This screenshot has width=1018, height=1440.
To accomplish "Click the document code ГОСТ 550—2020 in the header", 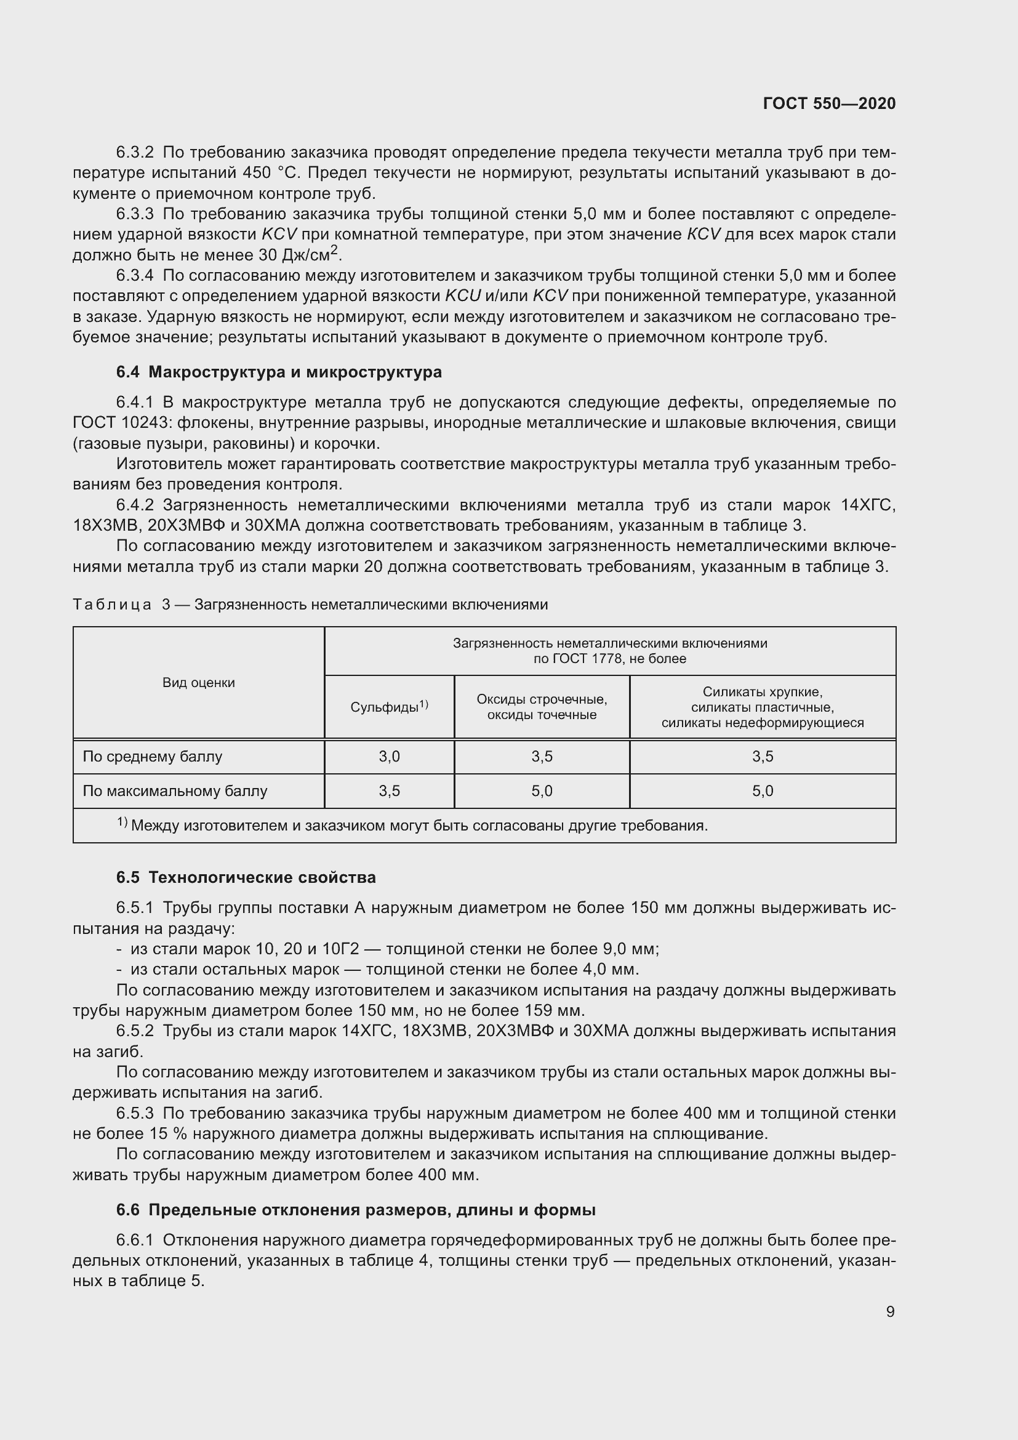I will (829, 103).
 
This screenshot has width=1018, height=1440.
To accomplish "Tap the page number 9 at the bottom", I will (890, 1311).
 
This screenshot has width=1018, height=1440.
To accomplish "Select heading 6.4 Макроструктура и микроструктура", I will (279, 372).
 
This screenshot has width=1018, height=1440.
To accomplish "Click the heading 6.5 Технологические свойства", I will (246, 877).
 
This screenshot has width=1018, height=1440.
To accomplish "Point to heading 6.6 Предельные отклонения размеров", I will (355, 1210).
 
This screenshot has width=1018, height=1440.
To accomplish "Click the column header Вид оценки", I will (199, 682).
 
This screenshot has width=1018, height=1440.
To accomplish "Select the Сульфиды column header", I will (388, 707).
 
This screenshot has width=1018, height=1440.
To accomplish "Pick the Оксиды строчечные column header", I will (542, 707).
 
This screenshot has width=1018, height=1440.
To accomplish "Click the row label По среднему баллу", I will (152, 757).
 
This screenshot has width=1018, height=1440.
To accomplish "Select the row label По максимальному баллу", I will (175, 791).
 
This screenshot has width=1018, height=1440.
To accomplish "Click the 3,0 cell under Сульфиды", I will (388, 757).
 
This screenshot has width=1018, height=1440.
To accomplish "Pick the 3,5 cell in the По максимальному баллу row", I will (388, 791).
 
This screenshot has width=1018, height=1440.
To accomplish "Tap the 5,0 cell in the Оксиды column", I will (542, 791).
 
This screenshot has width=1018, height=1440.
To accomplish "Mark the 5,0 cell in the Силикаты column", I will (762, 791).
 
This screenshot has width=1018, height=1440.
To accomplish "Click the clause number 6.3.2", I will (135, 153).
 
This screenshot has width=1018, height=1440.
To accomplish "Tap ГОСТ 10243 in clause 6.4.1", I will (119, 423).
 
